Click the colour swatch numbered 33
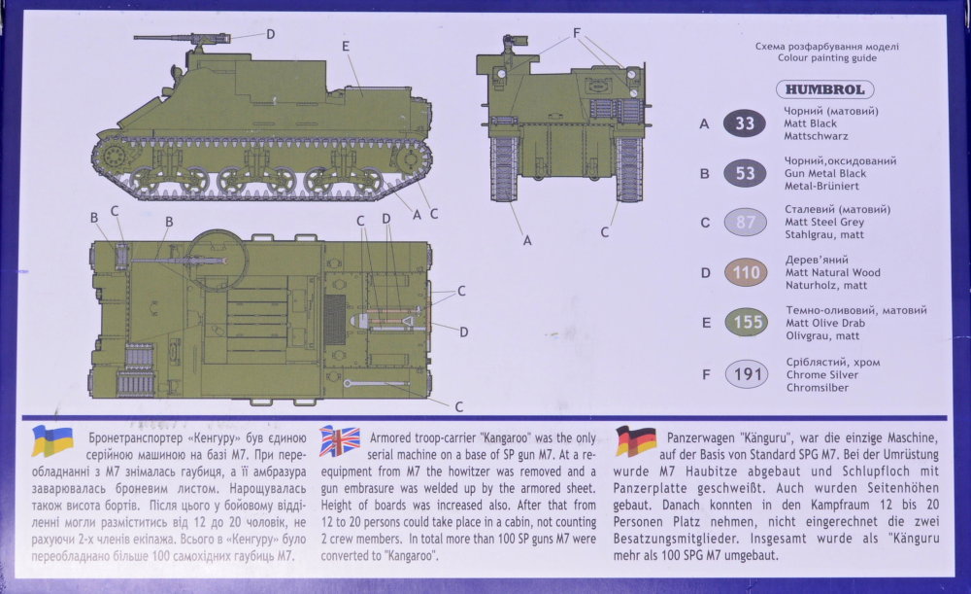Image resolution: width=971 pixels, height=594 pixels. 745,123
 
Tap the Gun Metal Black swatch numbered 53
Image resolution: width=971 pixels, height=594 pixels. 745,174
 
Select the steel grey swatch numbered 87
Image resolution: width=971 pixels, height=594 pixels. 745,222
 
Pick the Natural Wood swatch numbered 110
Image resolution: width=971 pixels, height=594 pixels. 745,272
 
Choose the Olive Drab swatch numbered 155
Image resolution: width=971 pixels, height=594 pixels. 745,323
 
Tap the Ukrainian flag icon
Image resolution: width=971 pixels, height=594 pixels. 53,440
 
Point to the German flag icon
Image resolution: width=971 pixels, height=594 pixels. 636,440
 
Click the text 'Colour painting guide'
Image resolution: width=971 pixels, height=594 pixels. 826,58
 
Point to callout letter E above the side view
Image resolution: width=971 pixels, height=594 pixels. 346,46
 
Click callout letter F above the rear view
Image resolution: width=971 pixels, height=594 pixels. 577,32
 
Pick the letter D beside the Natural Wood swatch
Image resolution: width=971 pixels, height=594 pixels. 705,273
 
